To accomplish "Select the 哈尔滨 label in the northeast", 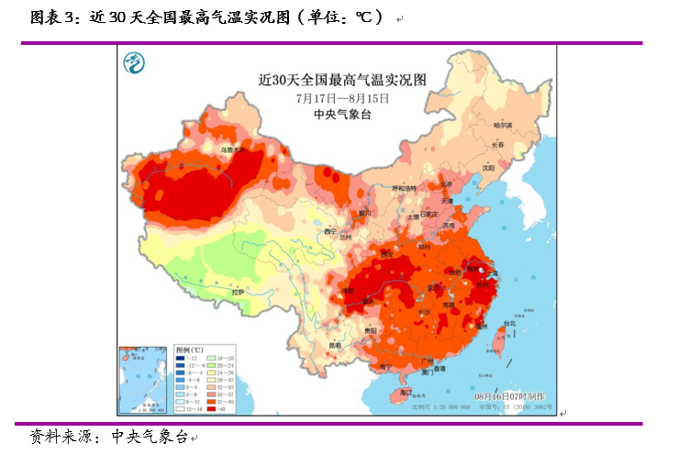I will pyautogui.click(x=503, y=124).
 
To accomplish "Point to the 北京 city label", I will pyautogui.click(x=446, y=183).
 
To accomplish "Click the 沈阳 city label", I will pyautogui.click(x=488, y=168).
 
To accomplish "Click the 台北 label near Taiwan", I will pyautogui.click(x=506, y=323).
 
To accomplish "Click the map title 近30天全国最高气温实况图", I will pyautogui.click(x=343, y=80).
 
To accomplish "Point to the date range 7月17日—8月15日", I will pyautogui.click(x=342, y=97).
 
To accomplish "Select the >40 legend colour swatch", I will pyautogui.click(x=208, y=408).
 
